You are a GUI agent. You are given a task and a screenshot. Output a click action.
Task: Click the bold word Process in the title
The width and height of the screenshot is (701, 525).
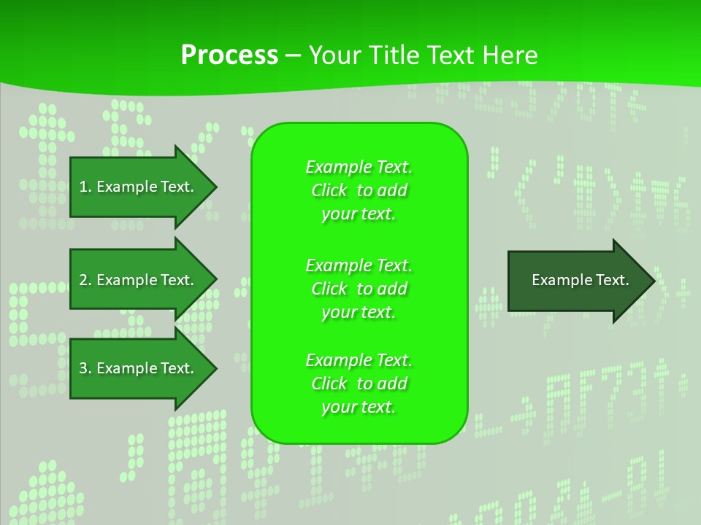(229, 55)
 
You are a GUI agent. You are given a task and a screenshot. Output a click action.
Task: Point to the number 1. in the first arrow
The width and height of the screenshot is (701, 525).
(85, 187)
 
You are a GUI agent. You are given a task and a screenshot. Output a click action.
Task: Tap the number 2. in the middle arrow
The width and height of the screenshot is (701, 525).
(85, 280)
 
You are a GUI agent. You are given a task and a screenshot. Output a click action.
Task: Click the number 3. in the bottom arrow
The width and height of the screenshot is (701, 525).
(85, 368)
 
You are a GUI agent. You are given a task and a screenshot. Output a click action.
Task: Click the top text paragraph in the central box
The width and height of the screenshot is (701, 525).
(359, 190)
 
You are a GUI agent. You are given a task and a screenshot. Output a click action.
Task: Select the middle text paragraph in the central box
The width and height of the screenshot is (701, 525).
(359, 289)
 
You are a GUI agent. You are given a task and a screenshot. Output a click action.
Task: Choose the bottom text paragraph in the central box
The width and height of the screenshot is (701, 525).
(359, 384)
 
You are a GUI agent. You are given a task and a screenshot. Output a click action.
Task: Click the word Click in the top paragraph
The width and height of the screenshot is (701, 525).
(329, 190)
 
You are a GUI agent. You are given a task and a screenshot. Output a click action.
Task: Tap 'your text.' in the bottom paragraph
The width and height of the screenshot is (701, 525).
(359, 407)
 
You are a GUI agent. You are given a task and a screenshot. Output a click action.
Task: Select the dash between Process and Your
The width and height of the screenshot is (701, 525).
(293, 55)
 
